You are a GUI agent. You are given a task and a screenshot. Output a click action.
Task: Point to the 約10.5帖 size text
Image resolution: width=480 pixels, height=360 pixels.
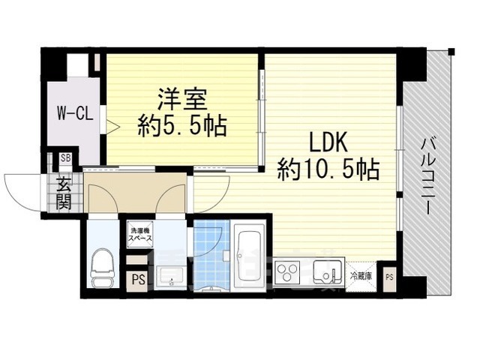click(x=328, y=169)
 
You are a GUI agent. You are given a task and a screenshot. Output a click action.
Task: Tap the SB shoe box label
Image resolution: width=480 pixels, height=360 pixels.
click(x=66, y=159)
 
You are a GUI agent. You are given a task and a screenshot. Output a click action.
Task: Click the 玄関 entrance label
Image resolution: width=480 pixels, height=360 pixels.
click(x=63, y=192)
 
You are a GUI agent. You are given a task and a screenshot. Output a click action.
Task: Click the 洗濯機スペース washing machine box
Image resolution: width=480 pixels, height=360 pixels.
click(x=140, y=233)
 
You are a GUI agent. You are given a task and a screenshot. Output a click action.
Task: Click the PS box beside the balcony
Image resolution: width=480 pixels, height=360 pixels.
click(x=388, y=277)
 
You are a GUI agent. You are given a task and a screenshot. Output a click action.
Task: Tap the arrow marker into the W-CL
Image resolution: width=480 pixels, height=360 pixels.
click(x=111, y=127)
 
